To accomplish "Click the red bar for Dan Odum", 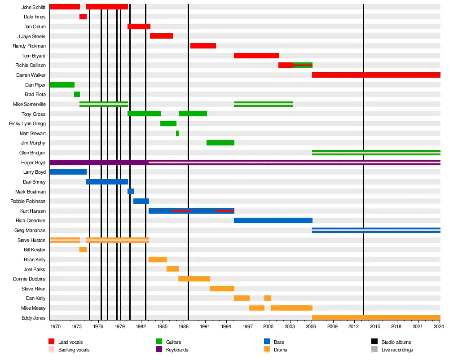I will pos(139,26).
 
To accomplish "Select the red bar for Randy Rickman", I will pos(203,46).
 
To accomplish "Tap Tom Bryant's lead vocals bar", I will pos(256,56).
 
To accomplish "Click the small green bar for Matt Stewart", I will pos(177,133).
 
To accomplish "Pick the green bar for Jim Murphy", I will pos(220,143).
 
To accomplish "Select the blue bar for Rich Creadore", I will pos(273,220).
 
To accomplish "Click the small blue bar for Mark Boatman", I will pos(130,191).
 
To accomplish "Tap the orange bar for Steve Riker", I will pos(222,289).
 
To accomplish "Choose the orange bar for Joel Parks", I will pos(172,269).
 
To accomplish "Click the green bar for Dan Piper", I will pos(62,85).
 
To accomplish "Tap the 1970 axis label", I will pos(56,327).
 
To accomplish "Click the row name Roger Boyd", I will pos(33,162).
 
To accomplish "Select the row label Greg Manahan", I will pos(30,230).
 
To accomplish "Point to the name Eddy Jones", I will pos(33,318).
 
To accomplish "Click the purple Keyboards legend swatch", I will pos(159,350).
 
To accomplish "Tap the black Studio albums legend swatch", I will pos(374,342).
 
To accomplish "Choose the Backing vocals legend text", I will pos(74,350).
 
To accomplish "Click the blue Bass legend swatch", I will pos(267,342).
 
